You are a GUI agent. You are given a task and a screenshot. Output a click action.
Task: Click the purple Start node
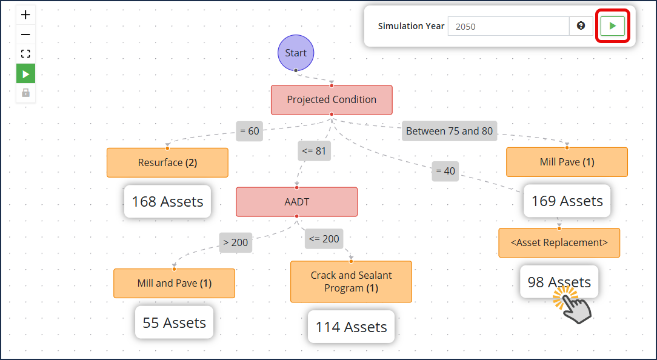(x=296, y=53)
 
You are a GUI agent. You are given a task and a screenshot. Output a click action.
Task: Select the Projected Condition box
(x=332, y=100)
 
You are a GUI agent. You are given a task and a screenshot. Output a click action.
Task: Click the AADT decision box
(x=296, y=202)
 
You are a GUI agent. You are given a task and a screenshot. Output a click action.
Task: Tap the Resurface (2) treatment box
(x=168, y=162)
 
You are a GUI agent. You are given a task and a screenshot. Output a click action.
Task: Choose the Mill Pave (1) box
(x=567, y=162)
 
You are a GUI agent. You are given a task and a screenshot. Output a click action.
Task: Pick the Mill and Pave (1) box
(x=175, y=283)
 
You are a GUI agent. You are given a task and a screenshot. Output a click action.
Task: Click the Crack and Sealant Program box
(x=351, y=282)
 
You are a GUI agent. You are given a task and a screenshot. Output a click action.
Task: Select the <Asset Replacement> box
(x=559, y=242)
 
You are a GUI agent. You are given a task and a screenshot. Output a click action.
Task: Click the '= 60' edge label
(x=249, y=131)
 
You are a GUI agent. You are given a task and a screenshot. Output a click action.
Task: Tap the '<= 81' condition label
(x=314, y=151)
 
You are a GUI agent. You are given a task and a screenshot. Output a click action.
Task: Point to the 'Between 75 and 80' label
(x=449, y=131)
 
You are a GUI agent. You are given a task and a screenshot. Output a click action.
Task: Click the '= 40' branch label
(x=445, y=172)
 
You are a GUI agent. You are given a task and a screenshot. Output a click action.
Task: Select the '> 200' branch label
(x=236, y=242)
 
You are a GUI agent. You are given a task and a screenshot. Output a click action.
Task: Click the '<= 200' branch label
(x=324, y=239)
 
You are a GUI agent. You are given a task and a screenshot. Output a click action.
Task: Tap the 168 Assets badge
(x=168, y=202)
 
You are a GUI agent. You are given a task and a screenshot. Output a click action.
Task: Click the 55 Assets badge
(x=175, y=322)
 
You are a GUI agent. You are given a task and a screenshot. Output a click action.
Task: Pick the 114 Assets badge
(x=351, y=327)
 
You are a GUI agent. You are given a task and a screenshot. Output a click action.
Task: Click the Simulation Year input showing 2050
(x=509, y=27)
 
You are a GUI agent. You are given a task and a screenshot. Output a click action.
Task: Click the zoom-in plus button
(x=25, y=15)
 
